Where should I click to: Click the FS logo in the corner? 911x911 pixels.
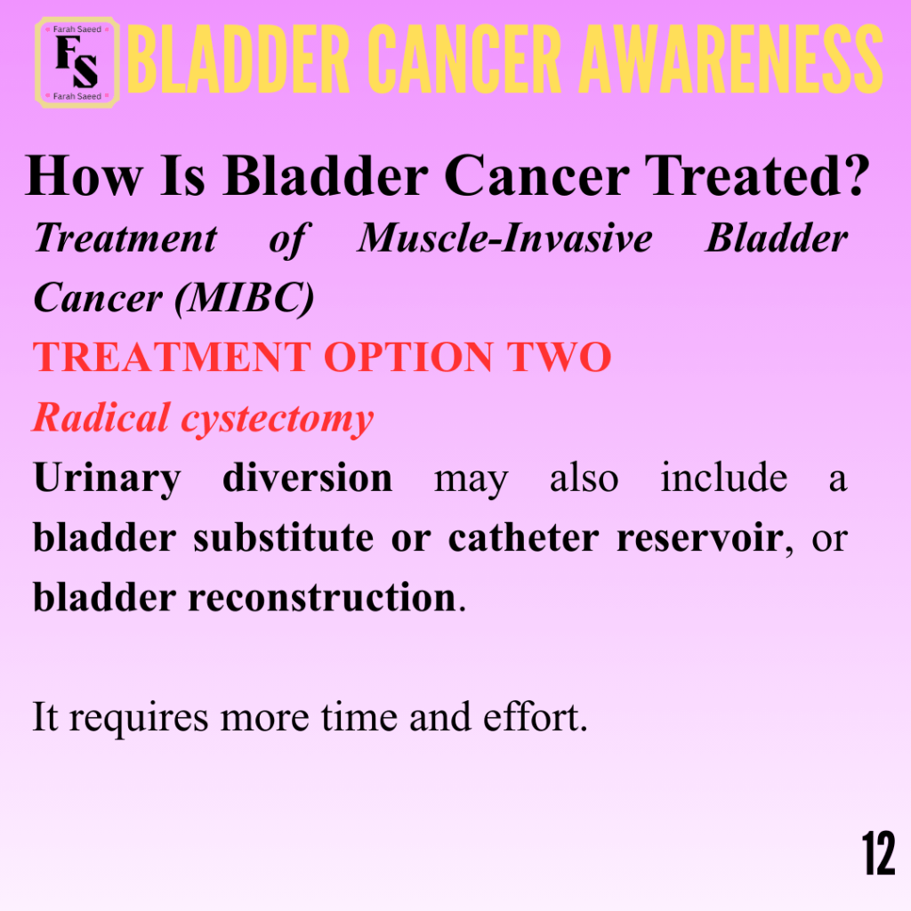(77, 63)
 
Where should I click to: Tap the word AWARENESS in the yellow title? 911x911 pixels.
(731, 60)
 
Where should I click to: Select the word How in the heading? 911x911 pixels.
(84, 176)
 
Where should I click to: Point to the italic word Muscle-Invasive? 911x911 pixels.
(505, 238)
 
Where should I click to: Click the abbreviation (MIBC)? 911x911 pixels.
(245, 298)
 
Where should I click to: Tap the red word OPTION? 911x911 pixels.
(407, 357)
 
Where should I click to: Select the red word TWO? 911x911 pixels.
(559, 357)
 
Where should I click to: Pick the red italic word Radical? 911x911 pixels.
(101, 417)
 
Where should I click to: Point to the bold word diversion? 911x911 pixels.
(307, 478)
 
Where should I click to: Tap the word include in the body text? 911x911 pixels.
(724, 478)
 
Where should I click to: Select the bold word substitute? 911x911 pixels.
(284, 538)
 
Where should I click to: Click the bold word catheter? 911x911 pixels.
(523, 538)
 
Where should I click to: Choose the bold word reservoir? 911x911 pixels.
(700, 538)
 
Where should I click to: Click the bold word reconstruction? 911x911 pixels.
(322, 598)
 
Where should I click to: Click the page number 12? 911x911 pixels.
(878, 853)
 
